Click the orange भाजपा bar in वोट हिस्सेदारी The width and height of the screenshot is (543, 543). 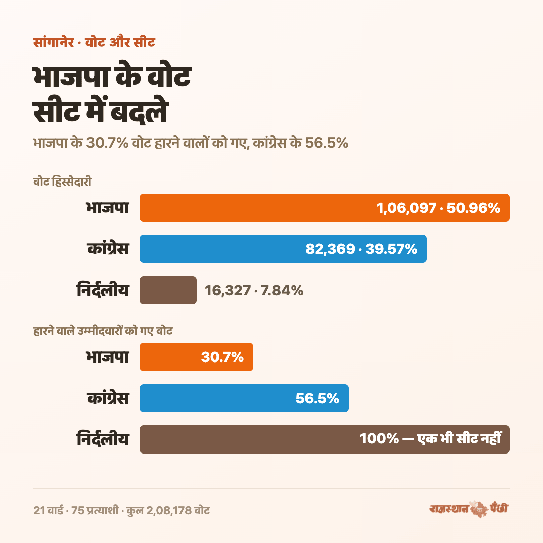click(324, 208)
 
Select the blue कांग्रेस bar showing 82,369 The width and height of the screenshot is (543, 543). click(283, 249)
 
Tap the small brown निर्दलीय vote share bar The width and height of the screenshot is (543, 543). click(168, 290)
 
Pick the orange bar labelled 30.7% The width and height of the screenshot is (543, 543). click(197, 356)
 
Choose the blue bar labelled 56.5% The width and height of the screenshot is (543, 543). click(244, 398)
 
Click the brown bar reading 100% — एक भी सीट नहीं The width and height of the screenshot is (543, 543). click(324, 439)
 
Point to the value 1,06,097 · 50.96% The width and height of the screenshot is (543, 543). click(438, 208)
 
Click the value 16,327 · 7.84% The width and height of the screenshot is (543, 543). click(254, 290)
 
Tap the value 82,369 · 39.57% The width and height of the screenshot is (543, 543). click(361, 249)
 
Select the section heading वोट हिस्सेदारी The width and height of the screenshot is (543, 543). click(62, 182)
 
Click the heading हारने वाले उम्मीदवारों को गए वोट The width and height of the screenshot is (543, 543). click(103, 331)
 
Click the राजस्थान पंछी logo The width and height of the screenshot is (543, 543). click(469, 509)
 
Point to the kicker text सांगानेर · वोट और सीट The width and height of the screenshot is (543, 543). click(94, 42)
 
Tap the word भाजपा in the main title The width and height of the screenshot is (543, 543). click(71, 77)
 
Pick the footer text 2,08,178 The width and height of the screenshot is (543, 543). click(169, 510)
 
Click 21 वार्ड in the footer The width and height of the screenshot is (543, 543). click(48, 510)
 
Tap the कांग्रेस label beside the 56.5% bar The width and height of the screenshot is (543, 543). click(108, 398)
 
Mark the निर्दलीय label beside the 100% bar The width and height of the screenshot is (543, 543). click(103, 439)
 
